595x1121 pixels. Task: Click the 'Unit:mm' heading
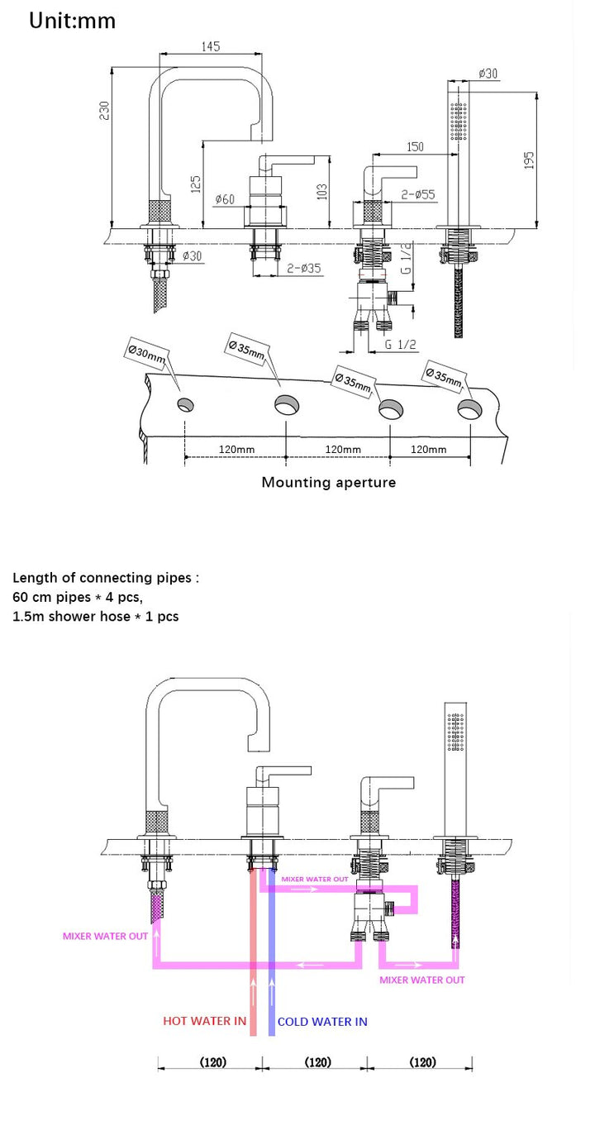pos(72,21)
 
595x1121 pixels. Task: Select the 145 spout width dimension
pos(211,47)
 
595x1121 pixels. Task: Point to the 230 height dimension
pos(105,110)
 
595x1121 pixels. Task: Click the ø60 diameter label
pos(225,199)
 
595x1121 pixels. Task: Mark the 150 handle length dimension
pos(415,146)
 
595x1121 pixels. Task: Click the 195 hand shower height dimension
pos(530,158)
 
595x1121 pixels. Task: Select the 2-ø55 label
pos(418,195)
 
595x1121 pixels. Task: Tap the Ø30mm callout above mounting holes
pos(146,355)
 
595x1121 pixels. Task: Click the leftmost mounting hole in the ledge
pos(185,405)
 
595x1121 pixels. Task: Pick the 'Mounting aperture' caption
pos(328,482)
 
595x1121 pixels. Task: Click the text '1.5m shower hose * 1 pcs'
pos(95,616)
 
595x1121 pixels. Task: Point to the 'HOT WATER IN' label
pos(204,1021)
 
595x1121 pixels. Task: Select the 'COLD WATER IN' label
pos(322,1022)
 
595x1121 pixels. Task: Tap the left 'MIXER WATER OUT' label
pos(105,937)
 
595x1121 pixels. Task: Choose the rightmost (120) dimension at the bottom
pos(422,1062)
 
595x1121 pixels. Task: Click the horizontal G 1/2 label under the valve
pos(400,345)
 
